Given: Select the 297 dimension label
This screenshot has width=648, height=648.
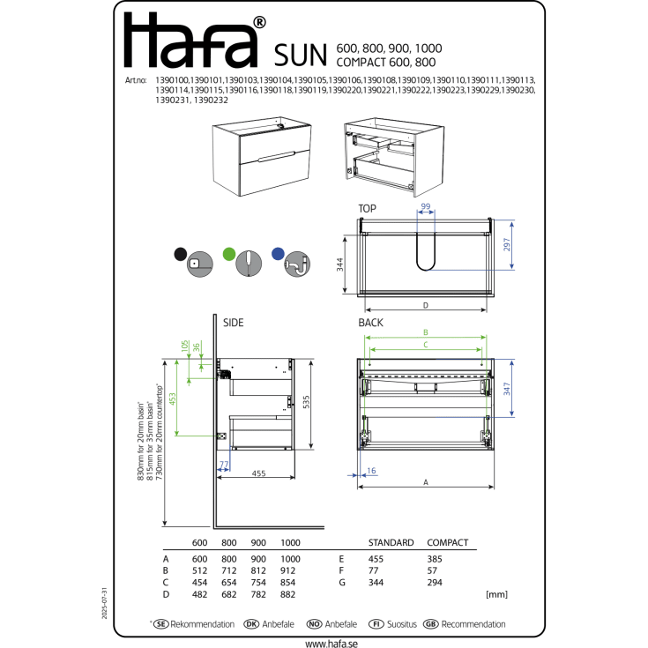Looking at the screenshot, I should [507, 245].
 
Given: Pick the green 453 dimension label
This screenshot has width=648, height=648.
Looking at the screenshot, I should [173, 399].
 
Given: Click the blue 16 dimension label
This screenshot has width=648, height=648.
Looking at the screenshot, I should [371, 472].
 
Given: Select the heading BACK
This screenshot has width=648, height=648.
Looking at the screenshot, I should [370, 324].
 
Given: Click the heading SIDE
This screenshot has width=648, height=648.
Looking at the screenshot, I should [233, 324].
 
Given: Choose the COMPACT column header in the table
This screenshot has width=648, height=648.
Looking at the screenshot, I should [447, 542].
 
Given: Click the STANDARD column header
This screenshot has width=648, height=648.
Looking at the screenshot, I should [390, 542].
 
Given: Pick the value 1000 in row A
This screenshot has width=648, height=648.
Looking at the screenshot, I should [290, 559].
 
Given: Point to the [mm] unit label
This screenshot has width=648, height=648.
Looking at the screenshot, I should [495, 595].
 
